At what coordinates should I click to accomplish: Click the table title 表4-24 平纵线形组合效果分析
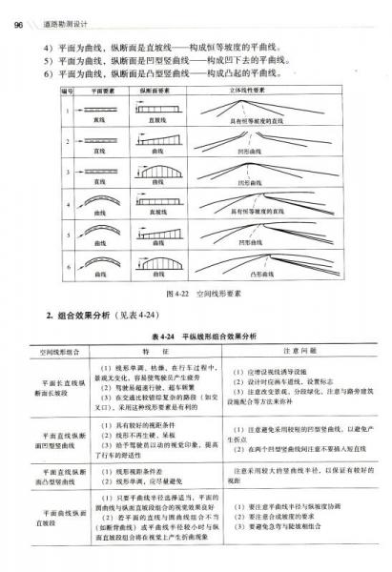pyautogui.click(x=198, y=335)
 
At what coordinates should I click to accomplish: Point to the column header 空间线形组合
pyautogui.click(x=60, y=352)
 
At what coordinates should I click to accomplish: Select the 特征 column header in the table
pyautogui.click(x=153, y=352)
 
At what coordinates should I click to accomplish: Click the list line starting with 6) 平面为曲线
pyautogui.click(x=162, y=71)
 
